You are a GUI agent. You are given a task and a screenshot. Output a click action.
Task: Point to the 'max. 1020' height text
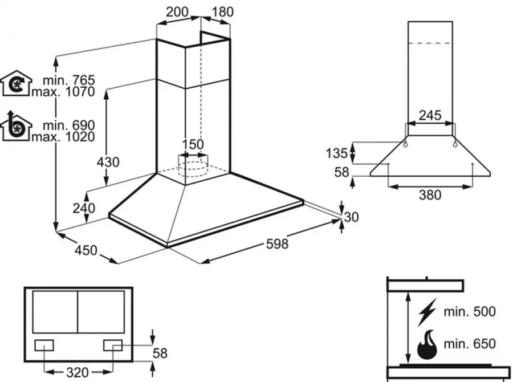[63, 137]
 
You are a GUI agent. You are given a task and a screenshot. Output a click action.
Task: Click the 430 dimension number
[108, 162]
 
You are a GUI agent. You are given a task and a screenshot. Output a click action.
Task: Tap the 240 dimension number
[84, 209]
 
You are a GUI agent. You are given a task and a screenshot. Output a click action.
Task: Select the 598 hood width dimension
[278, 244]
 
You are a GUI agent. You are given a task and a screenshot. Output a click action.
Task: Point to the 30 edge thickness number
[352, 217]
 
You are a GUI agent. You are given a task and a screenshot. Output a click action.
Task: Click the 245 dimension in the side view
[430, 116]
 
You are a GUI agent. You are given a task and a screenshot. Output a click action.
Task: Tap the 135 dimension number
[336, 153]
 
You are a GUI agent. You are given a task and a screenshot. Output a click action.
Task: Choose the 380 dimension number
[430, 195]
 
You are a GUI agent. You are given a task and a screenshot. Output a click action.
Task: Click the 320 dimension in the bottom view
[78, 372]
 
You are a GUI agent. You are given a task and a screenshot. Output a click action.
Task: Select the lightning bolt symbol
[427, 311]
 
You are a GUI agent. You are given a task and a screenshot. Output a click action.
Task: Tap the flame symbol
[429, 344]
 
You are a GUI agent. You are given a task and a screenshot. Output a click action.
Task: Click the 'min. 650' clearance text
[471, 344]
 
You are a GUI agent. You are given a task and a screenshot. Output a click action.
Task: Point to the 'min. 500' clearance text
[471, 311]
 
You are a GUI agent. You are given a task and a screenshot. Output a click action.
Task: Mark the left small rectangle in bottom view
[45, 344]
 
